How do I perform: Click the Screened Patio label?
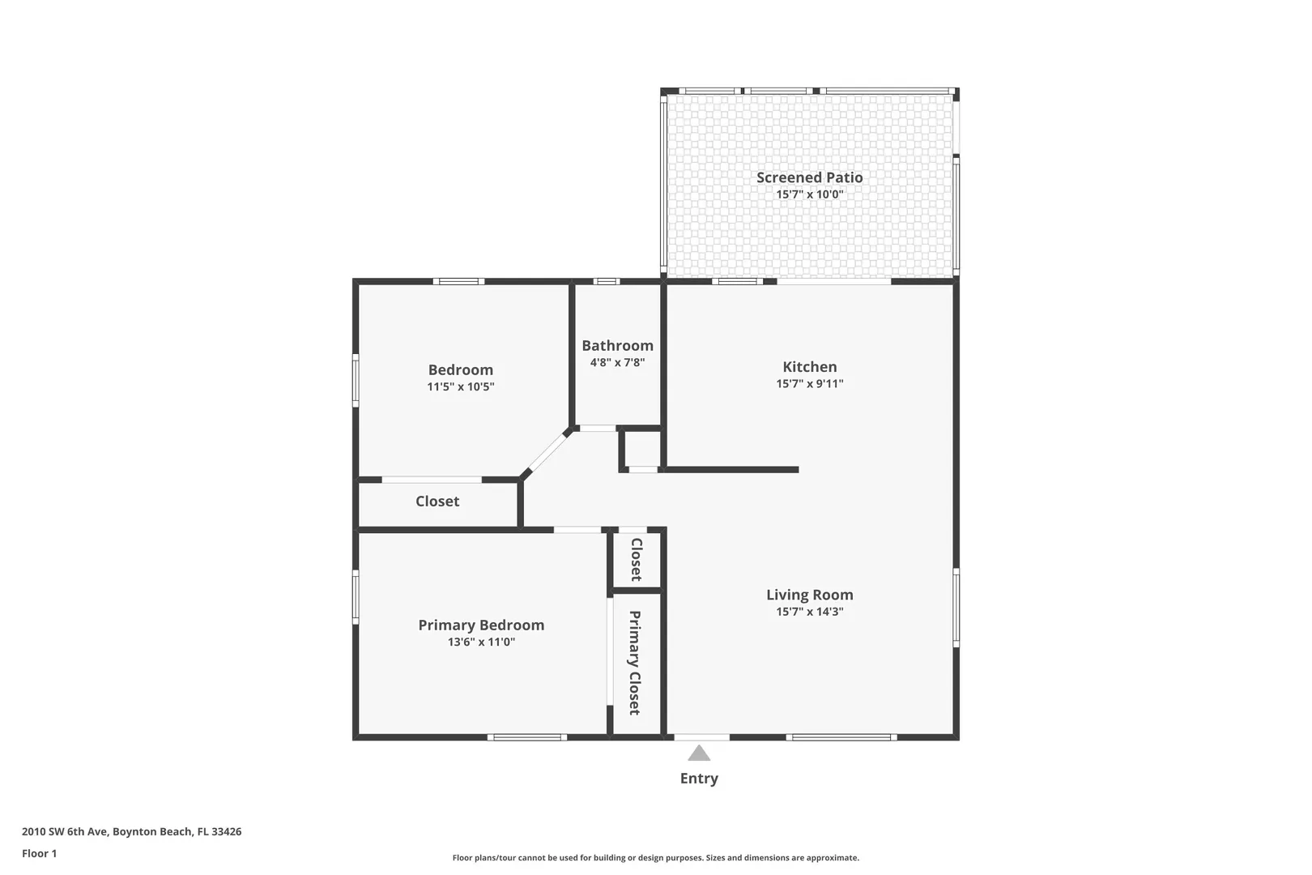[x=809, y=177]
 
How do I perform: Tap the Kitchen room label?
[x=809, y=367]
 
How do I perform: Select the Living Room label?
[x=809, y=595]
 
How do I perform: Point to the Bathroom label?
[x=617, y=346]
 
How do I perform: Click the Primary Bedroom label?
[x=481, y=625]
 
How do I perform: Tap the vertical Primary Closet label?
[x=635, y=663]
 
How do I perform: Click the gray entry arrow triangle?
[x=699, y=753]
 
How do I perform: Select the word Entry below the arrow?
[x=699, y=779]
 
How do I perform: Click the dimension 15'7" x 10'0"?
[x=809, y=194]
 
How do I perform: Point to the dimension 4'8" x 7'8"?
[x=617, y=362]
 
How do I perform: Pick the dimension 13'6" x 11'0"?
[x=481, y=642]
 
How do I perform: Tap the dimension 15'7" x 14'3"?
[x=809, y=612]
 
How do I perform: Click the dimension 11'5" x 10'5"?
[x=460, y=386]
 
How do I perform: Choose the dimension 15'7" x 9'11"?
[x=809, y=384]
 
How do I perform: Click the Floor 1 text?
[x=39, y=853]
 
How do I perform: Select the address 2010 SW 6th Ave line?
[x=131, y=831]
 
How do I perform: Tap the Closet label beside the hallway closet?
[x=636, y=560]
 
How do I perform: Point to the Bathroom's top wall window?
[x=607, y=281]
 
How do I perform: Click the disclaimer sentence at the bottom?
[x=655, y=857]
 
